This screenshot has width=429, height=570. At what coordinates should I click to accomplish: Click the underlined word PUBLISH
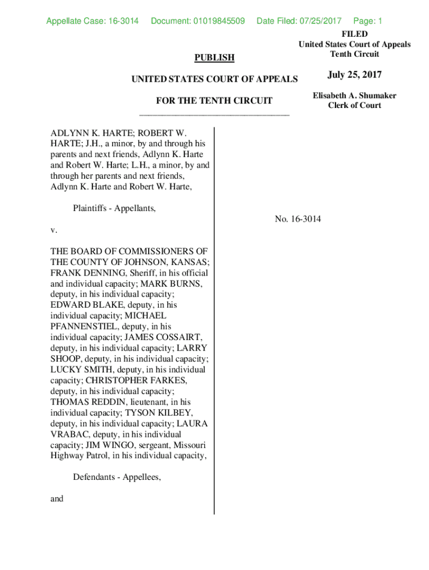point(214,57)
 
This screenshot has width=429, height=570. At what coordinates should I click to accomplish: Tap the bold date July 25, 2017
point(354,75)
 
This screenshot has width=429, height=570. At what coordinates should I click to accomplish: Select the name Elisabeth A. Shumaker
point(354,96)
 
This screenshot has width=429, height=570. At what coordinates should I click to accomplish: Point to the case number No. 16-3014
point(298,219)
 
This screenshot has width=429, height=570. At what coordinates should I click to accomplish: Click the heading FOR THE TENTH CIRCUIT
point(214,101)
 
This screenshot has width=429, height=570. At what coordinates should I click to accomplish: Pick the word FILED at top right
point(354,35)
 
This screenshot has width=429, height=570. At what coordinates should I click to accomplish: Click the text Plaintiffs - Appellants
point(114,208)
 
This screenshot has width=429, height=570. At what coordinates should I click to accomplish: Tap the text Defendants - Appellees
point(117,477)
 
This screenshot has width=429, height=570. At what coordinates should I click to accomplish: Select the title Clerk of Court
point(354,106)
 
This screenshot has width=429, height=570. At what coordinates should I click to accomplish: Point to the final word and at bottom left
point(57,499)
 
